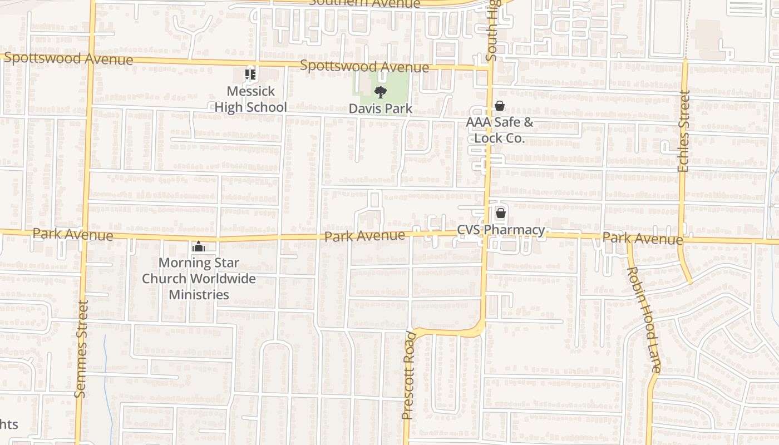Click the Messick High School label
[x=250, y=99]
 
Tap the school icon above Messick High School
[x=250, y=74]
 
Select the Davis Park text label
[x=381, y=108]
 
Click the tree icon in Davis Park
[x=381, y=92]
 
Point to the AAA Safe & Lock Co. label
[x=500, y=130]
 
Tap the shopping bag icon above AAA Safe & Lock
[x=500, y=106]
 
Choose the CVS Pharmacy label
[x=501, y=230]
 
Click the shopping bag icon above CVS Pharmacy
[x=500, y=212]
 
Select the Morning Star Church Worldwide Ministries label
[x=199, y=279]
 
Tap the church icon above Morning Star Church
[x=199, y=246]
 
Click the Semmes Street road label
[x=81, y=349]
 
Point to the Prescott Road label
[x=409, y=375]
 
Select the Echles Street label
[x=684, y=131]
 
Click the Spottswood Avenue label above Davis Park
[x=364, y=66]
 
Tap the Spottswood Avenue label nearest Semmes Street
[x=68, y=58]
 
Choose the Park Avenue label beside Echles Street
[x=643, y=238]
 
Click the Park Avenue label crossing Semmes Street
[x=72, y=234]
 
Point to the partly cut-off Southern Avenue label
[x=364, y=3]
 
